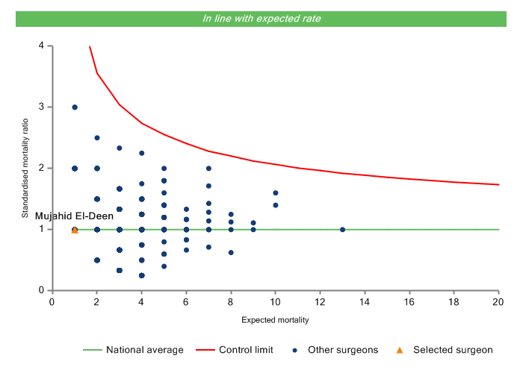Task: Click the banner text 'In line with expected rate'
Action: (x=261, y=19)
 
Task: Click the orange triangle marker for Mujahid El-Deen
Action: (x=75, y=230)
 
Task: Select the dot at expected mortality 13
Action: (x=342, y=230)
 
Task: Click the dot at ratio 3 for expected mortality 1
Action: (x=75, y=107)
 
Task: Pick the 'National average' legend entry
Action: (x=144, y=350)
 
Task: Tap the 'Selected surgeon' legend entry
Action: (x=453, y=350)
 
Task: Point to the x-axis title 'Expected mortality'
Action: (x=276, y=321)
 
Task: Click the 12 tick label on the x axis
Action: (x=320, y=301)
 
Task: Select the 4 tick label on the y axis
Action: (x=40, y=46)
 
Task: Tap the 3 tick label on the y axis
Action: (x=40, y=107)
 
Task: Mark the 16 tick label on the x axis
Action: (x=409, y=301)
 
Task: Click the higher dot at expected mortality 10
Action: (x=276, y=193)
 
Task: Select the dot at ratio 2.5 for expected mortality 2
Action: (x=97, y=138)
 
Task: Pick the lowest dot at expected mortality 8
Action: (x=231, y=253)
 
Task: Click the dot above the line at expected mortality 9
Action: (x=253, y=223)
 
